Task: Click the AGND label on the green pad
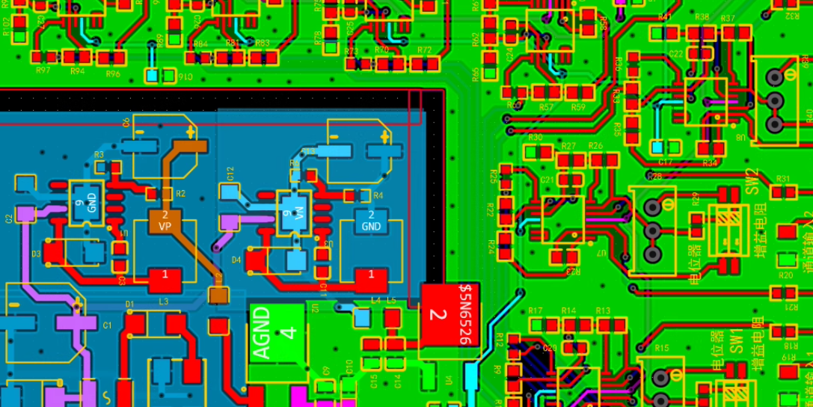click(x=262, y=333)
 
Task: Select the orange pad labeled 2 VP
click(x=165, y=219)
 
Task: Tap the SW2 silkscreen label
click(x=752, y=180)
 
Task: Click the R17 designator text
click(x=535, y=310)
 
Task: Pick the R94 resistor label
click(x=77, y=71)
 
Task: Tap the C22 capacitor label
click(x=676, y=54)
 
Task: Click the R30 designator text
click(x=535, y=138)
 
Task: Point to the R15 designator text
click(x=661, y=349)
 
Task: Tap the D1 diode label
click(x=129, y=304)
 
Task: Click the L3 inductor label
click(x=163, y=301)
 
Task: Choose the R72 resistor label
click(x=424, y=50)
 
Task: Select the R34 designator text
click(x=710, y=163)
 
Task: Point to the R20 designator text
click(x=785, y=275)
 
